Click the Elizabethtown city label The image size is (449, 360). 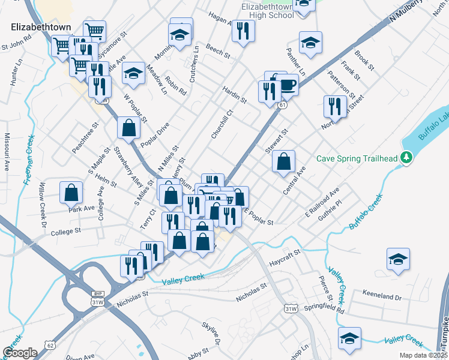tap(41, 28)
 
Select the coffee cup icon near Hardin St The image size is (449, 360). tap(288, 85)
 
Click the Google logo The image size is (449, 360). tap(20, 353)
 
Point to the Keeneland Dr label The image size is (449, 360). tap(382, 296)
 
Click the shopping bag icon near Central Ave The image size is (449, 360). tap(283, 161)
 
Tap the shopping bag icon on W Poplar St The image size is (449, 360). tap(128, 127)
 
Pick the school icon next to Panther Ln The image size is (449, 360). tap(310, 42)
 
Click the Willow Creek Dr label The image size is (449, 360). tap(43, 200)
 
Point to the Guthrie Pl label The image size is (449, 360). tap(330, 205)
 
